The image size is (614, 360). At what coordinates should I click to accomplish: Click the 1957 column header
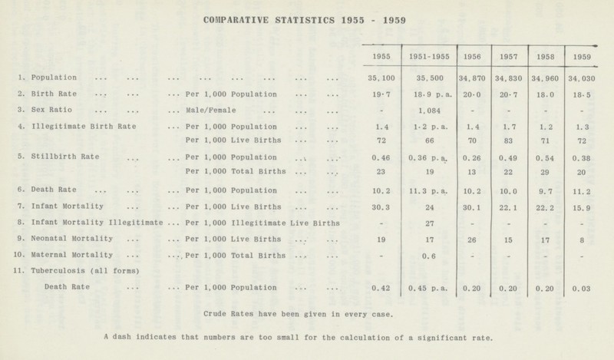[509, 56]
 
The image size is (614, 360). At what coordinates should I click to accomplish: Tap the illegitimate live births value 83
[509, 142]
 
